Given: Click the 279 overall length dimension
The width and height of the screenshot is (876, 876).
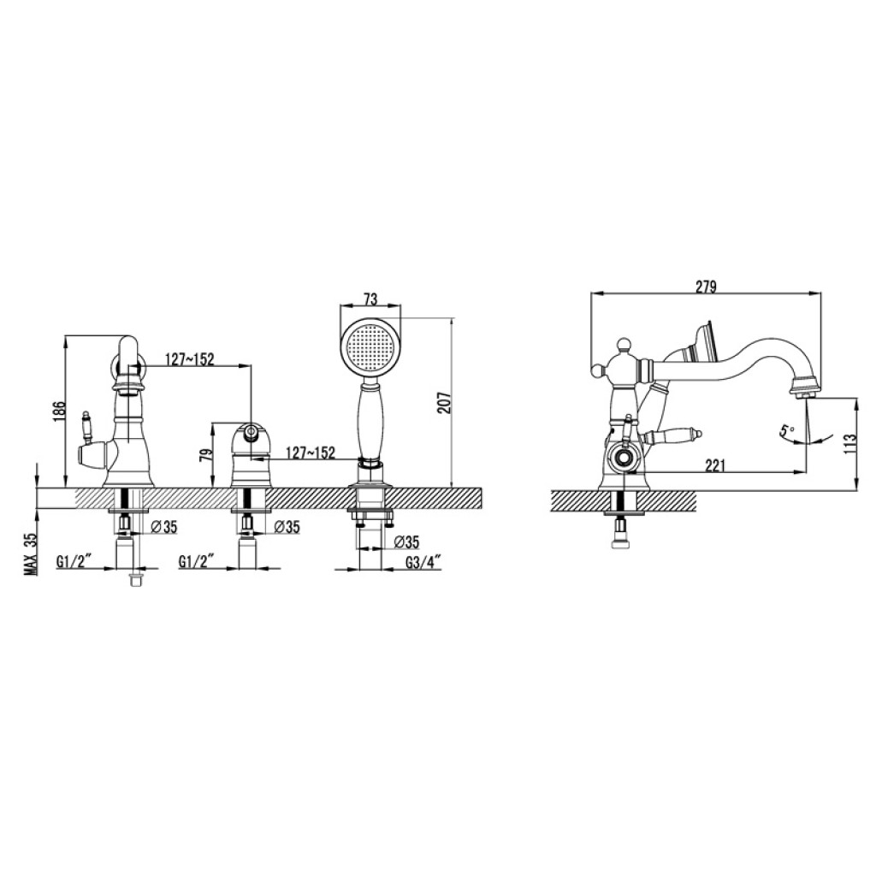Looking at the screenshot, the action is click(x=706, y=287).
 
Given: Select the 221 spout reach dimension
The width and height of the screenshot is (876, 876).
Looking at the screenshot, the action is click(x=715, y=465).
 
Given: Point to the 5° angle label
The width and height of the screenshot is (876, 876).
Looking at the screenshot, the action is click(x=787, y=431).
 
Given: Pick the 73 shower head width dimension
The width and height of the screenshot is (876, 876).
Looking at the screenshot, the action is click(x=370, y=299).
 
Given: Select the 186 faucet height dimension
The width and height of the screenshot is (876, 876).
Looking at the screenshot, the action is click(x=62, y=411).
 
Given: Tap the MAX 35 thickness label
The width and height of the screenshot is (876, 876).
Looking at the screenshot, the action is click(x=30, y=554).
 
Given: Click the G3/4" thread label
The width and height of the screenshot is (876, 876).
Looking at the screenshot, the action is click(x=423, y=561).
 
